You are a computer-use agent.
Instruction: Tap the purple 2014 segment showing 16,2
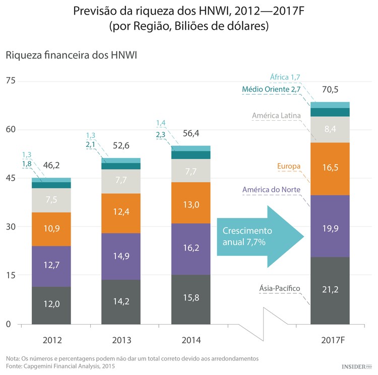pyautogui.click(x=190, y=249)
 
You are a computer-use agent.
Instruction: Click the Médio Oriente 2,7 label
pyautogui.click(x=271, y=89)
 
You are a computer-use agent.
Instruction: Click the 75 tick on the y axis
pyautogui.click(x=11, y=81)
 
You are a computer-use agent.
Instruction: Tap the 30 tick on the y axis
pyautogui.click(x=11, y=227)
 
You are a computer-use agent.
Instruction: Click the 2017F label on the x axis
pyautogui.click(x=330, y=341)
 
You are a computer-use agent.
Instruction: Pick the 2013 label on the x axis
pyautogui.click(x=120, y=341)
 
